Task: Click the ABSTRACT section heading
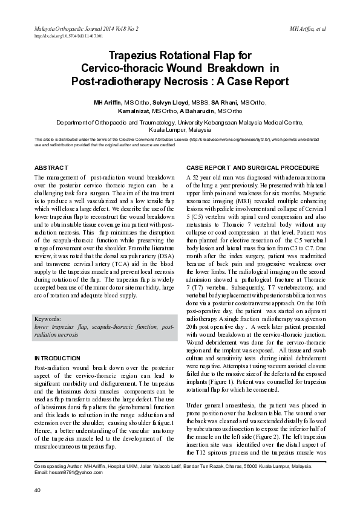click(x=51, y=167)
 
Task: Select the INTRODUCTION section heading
click(x=57, y=358)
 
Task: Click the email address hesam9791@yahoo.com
click(x=68, y=472)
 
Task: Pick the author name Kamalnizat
click(x=135, y=111)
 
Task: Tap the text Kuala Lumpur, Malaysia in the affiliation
click(x=180, y=129)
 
